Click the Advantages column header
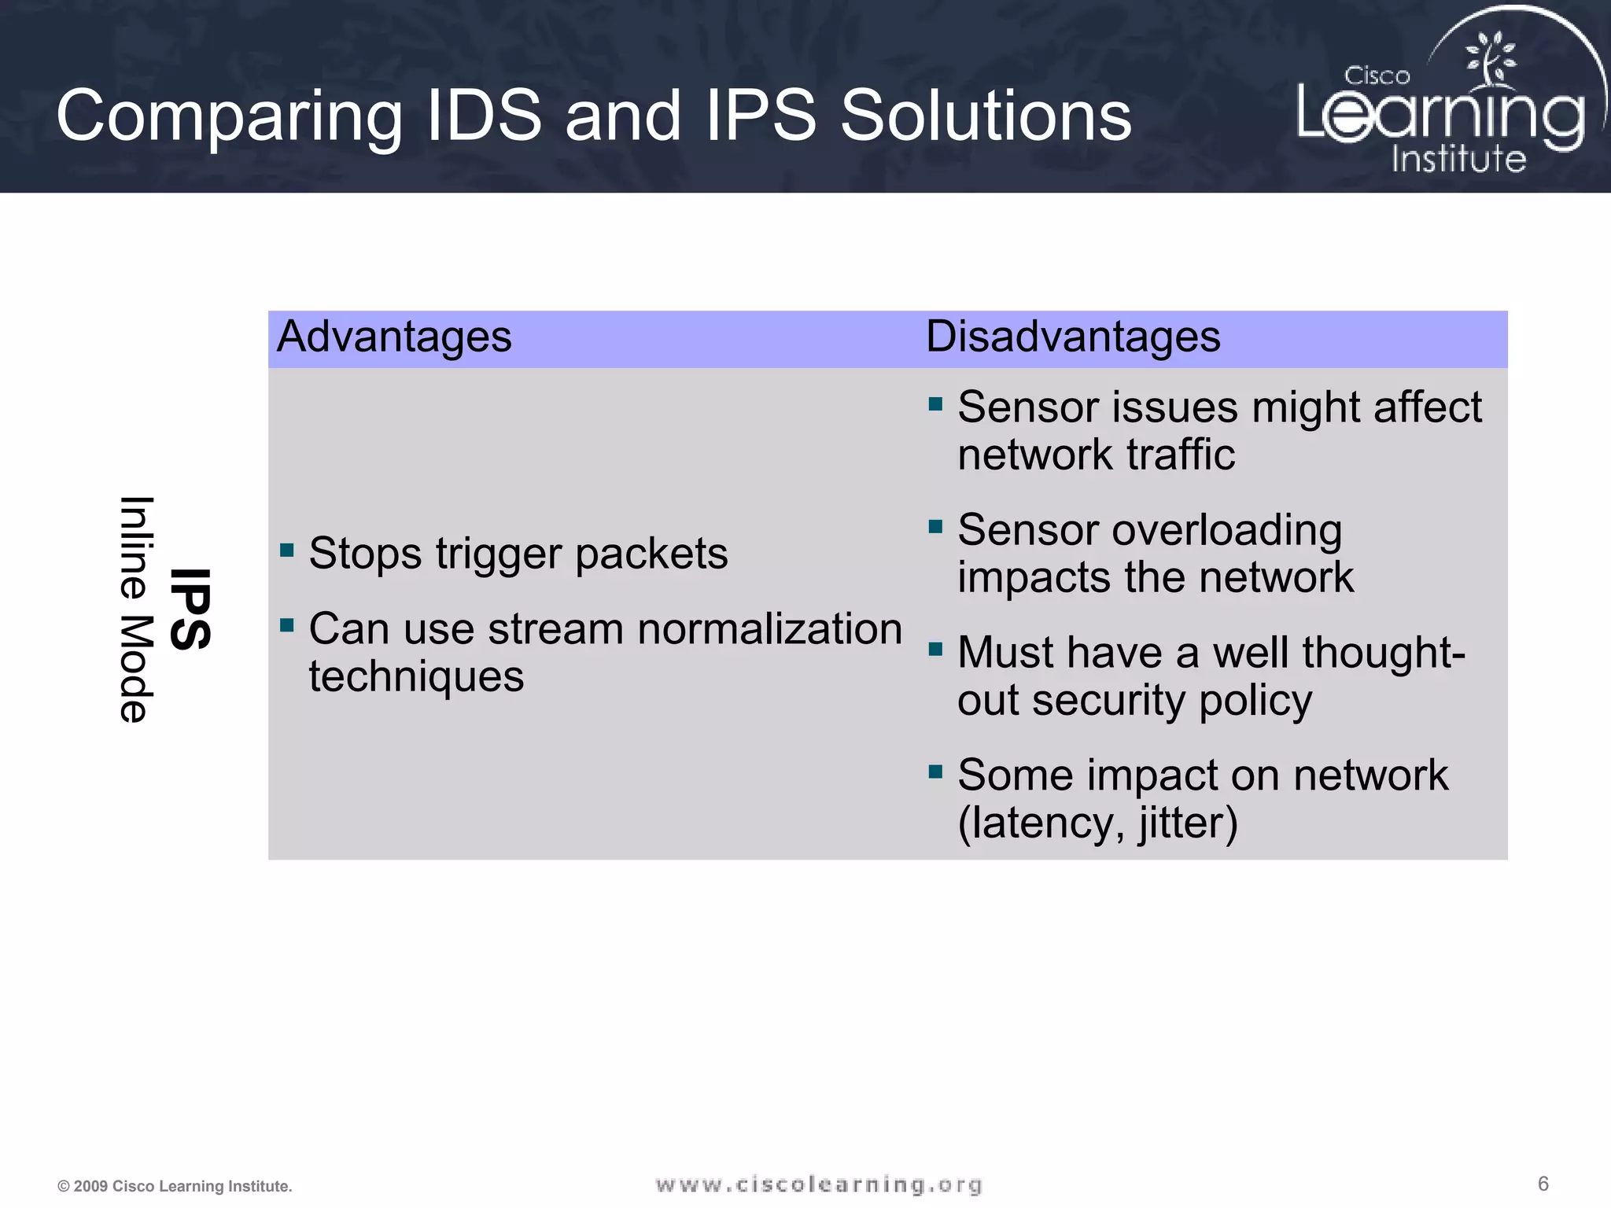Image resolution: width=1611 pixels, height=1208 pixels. pyautogui.click(x=394, y=337)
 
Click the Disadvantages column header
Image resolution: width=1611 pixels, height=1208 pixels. pyautogui.click(x=1073, y=337)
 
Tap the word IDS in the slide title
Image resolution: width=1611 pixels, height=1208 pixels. pyautogui.click(x=484, y=116)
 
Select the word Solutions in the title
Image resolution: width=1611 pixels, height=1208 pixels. pyautogui.click(x=986, y=116)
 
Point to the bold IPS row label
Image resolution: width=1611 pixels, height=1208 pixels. pyautogui.click(x=190, y=610)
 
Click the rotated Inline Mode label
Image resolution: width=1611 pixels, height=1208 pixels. pyautogui.click(x=135, y=610)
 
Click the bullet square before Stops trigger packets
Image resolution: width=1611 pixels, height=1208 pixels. pyautogui.click(x=287, y=549)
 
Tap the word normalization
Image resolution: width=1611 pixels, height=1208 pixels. pyautogui.click(x=770, y=629)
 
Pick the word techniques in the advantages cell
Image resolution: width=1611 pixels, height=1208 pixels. pyautogui.click(x=416, y=676)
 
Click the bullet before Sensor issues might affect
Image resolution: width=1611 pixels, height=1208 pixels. pyautogui.click(x=935, y=404)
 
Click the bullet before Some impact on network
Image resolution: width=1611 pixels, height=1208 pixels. pyautogui.click(x=935, y=772)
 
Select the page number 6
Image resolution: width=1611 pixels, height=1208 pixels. pyautogui.click(x=1543, y=1184)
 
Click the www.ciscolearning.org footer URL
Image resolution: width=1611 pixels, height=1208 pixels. pyautogui.click(x=819, y=1184)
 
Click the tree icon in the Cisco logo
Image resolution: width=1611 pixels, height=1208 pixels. pyautogui.click(x=1489, y=59)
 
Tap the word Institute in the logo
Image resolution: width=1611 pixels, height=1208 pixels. pyautogui.click(x=1458, y=159)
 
